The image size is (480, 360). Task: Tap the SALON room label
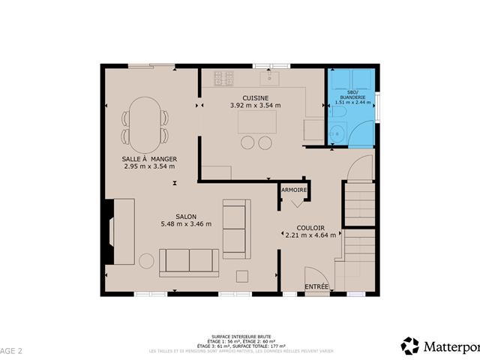pyautogui.click(x=186, y=216)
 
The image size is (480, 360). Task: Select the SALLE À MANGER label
pyautogui.click(x=148, y=159)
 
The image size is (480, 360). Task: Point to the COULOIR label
pyautogui.click(x=310, y=227)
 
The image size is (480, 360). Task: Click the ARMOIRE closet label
pyautogui.click(x=295, y=190)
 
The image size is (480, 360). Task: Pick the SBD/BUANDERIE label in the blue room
pyautogui.click(x=350, y=95)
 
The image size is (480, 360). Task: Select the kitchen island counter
pyautogui.click(x=256, y=122)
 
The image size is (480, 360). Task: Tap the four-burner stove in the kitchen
pyautogui.click(x=223, y=76)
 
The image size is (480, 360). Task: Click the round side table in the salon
pyautogui.click(x=146, y=261)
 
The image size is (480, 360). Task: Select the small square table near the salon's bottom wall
pyautogui.click(x=242, y=277)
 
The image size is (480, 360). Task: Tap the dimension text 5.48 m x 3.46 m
pyautogui.click(x=186, y=223)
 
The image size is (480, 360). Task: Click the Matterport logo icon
pyautogui.click(x=410, y=346)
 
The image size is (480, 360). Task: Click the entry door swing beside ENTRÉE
pyautogui.click(x=314, y=274)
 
